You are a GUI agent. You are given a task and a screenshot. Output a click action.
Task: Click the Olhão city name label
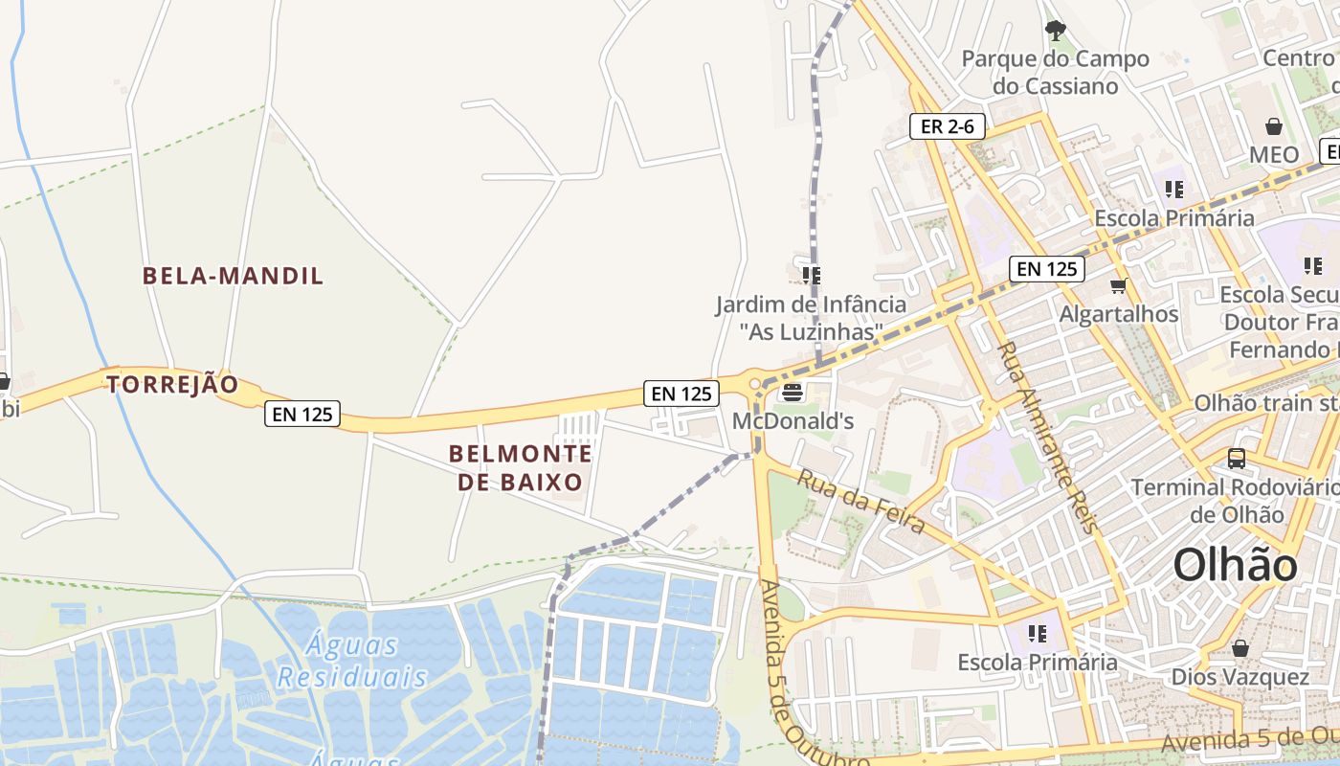coord(1235,565)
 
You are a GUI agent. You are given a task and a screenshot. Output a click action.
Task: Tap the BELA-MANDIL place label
coord(234,276)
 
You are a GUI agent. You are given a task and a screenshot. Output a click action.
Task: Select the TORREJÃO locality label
coord(172,385)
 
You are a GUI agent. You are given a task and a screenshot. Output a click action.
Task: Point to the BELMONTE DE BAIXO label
coord(521,467)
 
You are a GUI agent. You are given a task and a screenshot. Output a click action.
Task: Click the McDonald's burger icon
coord(792,392)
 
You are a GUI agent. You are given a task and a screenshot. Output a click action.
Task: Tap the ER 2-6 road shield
coord(947,125)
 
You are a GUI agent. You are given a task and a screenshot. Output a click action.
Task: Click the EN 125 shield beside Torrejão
coord(302,414)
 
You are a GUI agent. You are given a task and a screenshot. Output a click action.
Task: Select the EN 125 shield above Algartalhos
coord(1047,269)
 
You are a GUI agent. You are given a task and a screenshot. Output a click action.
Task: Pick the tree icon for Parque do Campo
coord(1055,32)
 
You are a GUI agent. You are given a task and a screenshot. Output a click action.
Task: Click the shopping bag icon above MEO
coord(1274,126)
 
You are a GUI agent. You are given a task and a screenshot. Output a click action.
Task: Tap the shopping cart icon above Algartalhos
coord(1118,285)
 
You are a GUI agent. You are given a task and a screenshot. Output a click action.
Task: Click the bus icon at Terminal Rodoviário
coord(1237,459)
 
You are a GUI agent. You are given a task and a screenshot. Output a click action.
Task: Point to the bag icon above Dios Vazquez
coord(1240,648)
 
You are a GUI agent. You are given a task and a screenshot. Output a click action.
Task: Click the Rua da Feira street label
coord(860,501)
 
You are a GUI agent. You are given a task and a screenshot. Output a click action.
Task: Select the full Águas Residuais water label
coord(352,661)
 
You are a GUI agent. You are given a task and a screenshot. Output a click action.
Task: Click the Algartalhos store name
coord(1118,313)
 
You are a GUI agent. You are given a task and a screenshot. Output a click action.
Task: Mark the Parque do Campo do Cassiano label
coord(1055,73)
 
